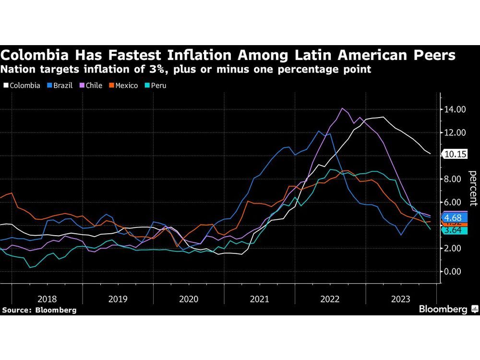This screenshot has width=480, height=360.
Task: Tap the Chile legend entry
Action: coord(93,85)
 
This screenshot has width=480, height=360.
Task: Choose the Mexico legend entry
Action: coord(123,85)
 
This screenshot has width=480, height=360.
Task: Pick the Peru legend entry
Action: coord(156,85)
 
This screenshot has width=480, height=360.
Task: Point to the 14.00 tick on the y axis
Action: coord(454,109)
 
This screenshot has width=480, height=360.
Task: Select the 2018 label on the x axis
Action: coord(47,299)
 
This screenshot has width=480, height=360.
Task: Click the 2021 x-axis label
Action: coord(259,299)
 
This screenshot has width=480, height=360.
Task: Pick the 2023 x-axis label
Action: coord(401,299)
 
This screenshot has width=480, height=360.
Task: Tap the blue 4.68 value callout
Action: coord(454,217)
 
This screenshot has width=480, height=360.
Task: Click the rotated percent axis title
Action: coord(472,190)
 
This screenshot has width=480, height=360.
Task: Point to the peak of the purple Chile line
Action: coord(342,108)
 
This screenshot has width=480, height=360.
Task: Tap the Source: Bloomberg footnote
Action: coord(39,310)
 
